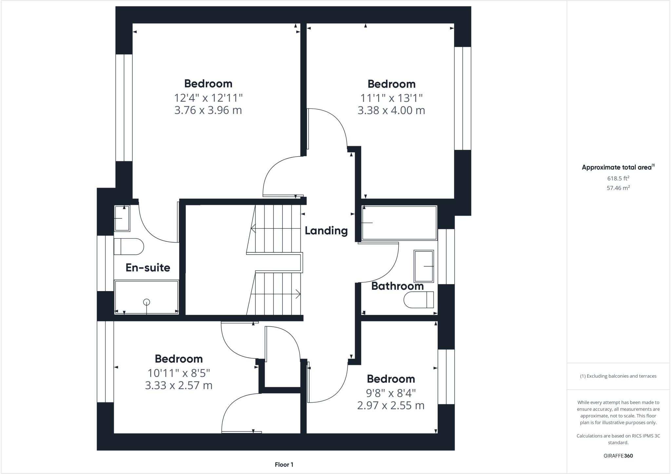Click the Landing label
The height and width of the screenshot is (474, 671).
[x=326, y=231]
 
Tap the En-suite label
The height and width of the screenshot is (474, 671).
[x=148, y=268]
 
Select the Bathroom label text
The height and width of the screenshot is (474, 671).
[x=397, y=286]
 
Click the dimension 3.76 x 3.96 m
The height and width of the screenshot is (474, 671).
[x=208, y=110]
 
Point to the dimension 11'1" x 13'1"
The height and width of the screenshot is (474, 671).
[x=391, y=98]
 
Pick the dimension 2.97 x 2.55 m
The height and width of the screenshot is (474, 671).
[x=391, y=405]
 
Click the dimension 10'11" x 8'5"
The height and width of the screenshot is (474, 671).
[x=179, y=373]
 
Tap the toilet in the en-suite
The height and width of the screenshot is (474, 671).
[x=129, y=247]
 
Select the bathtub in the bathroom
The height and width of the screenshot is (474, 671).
[x=399, y=223]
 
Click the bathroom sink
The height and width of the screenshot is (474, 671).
[x=424, y=266]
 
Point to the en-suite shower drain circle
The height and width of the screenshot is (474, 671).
[x=146, y=302]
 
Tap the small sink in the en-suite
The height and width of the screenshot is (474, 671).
[x=122, y=218]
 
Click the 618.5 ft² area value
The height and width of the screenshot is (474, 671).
[x=618, y=178]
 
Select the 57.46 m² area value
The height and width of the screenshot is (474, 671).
[x=618, y=188]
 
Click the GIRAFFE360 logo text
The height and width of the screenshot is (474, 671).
[x=618, y=456]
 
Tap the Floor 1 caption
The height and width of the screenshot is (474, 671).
[x=284, y=464]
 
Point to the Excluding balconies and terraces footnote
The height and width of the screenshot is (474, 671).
[x=618, y=376]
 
